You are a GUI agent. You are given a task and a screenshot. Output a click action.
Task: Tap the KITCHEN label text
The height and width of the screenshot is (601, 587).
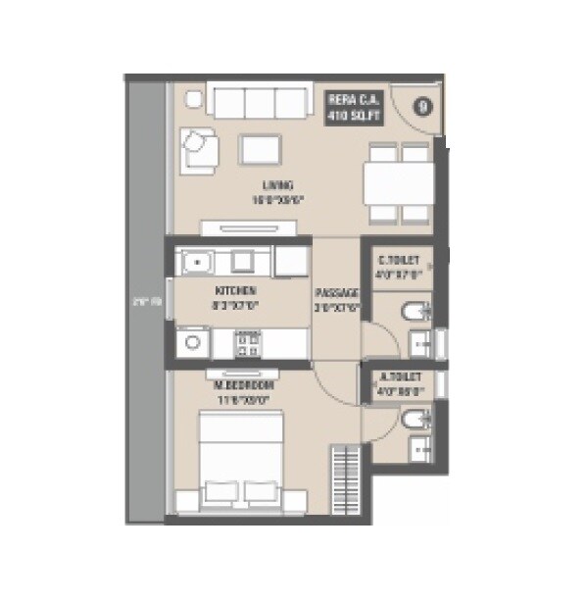click(235, 297)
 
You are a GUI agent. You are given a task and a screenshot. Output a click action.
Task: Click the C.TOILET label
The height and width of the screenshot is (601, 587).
click(399, 268)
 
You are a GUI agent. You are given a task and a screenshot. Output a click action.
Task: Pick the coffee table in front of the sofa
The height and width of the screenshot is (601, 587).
click(260, 148)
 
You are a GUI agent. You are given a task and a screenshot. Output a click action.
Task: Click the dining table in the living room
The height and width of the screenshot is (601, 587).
click(398, 183)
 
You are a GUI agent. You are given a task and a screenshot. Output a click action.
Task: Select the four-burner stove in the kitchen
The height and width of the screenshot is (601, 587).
click(248, 343)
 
